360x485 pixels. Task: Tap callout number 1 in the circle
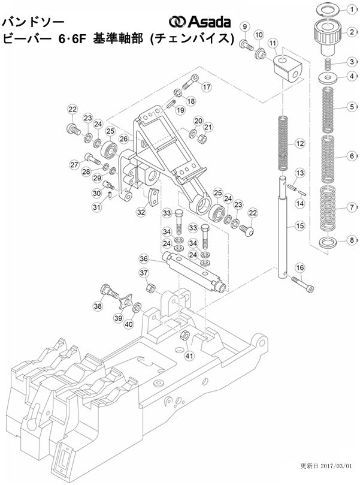352,9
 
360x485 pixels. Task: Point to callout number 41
190,356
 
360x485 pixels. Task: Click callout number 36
144,259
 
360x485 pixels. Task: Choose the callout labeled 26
123,139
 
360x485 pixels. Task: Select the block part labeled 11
286,68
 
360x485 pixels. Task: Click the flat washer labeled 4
328,77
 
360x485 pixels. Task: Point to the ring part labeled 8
328,242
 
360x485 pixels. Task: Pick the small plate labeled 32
154,197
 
